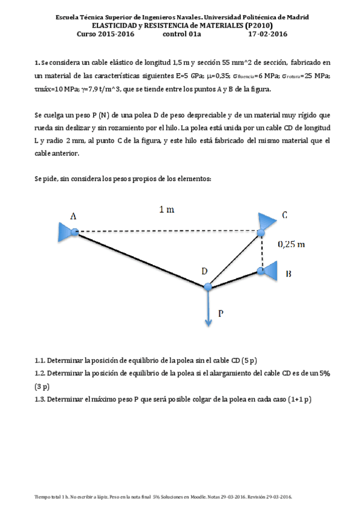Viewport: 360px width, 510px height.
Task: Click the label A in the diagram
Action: click(x=73, y=215)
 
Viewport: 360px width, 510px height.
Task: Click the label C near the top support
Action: click(x=284, y=215)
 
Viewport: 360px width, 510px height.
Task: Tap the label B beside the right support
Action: click(x=288, y=274)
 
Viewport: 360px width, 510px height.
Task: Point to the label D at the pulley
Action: click(x=204, y=271)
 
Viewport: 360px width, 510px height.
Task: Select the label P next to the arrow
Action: click(x=222, y=313)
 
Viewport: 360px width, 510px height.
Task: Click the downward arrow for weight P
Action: click(x=208, y=310)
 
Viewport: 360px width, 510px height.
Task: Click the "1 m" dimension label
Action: click(x=167, y=209)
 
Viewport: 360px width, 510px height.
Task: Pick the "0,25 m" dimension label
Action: click(x=291, y=244)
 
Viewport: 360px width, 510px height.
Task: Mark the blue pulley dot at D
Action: click(x=208, y=287)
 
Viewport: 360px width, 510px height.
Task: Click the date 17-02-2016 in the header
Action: click(x=267, y=34)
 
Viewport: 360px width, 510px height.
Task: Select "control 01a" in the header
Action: click(x=182, y=34)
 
